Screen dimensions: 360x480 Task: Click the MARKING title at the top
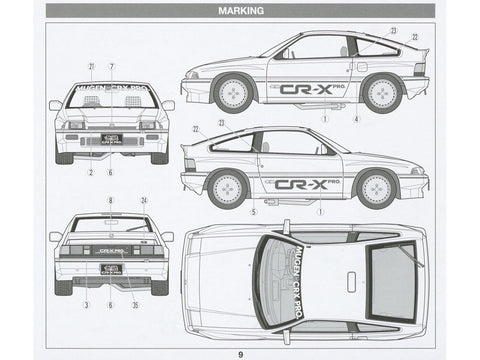point(239,11)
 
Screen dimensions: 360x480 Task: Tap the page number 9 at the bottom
point(239,351)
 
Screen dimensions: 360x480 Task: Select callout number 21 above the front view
point(90,66)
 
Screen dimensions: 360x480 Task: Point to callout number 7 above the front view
point(111,66)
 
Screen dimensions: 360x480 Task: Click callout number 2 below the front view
point(91,173)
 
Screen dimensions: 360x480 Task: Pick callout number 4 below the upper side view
point(356,119)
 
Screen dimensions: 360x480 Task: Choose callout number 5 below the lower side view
point(254,212)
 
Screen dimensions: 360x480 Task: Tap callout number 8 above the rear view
point(111,200)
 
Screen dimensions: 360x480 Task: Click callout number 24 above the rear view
point(144,200)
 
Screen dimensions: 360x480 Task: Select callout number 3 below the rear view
point(86,304)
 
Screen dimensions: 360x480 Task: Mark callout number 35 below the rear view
point(136,304)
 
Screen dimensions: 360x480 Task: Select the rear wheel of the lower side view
point(228,187)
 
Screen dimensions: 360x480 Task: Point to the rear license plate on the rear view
point(111,268)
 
